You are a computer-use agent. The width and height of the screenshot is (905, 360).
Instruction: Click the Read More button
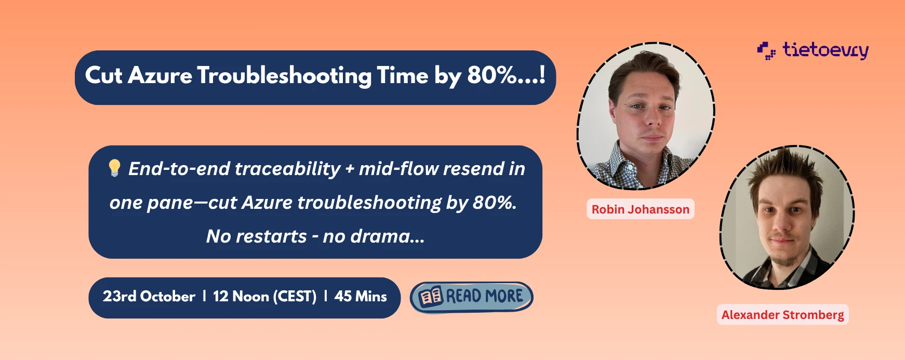(472, 297)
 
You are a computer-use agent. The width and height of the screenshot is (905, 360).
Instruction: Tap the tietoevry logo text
(826, 50)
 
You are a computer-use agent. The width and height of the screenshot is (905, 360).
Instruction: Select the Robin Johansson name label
(641, 209)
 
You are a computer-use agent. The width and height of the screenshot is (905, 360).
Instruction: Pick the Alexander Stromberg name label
(783, 315)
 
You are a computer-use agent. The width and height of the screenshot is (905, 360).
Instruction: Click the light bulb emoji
(114, 168)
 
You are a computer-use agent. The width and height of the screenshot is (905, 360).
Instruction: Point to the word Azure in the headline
(160, 76)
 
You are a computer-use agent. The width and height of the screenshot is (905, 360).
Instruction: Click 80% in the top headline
(491, 75)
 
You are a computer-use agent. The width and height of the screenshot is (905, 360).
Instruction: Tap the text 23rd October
(149, 297)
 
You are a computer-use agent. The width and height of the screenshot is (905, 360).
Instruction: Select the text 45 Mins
(361, 297)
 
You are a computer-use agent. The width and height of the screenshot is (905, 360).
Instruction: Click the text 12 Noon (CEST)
(265, 297)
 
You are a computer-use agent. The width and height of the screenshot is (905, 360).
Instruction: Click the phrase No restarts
(257, 236)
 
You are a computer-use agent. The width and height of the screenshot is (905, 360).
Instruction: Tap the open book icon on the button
(431, 297)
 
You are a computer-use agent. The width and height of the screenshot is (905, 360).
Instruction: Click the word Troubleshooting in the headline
(285, 76)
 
